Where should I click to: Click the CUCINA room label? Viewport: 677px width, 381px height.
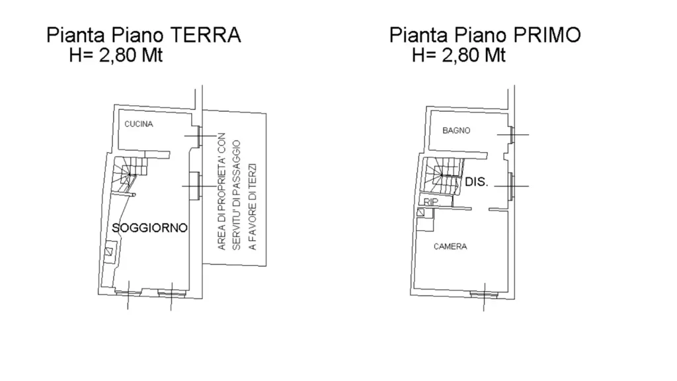click(x=139, y=124)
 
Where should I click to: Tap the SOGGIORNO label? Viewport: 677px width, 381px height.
click(x=150, y=228)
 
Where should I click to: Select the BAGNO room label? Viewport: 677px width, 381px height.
click(x=456, y=130)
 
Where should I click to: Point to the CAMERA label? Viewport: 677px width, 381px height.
click(x=450, y=247)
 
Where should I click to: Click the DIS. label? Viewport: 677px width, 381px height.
click(x=477, y=183)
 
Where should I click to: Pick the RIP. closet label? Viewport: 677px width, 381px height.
click(x=431, y=202)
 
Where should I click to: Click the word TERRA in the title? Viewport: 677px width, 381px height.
click(x=205, y=35)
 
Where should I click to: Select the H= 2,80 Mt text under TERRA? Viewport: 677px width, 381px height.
click(x=116, y=56)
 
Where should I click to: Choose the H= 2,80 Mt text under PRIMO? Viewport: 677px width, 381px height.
click(x=459, y=56)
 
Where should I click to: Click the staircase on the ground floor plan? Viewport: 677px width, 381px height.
click(x=130, y=174)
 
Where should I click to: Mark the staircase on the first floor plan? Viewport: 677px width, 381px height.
click(x=442, y=175)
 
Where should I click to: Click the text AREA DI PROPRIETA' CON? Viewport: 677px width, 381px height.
click(x=222, y=191)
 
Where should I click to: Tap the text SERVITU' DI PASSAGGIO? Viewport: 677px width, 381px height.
click(x=237, y=195)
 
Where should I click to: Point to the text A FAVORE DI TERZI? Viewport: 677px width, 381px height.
click(x=253, y=206)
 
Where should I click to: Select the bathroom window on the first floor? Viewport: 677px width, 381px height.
click(x=511, y=135)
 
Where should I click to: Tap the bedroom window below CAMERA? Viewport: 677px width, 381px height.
click(x=483, y=295)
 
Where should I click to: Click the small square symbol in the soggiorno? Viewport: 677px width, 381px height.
click(x=110, y=251)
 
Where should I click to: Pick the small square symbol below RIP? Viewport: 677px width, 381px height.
click(x=420, y=212)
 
